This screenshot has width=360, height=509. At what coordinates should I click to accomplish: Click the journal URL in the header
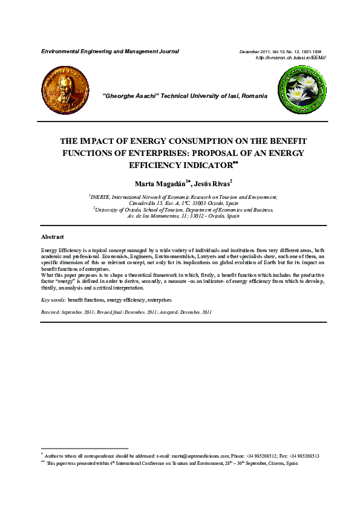pyautogui.click(x=291, y=57)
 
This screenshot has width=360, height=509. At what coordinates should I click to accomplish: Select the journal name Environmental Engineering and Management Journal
pyautogui.click(x=110, y=51)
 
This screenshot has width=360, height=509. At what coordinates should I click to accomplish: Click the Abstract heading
pyautogui.click(x=52, y=237)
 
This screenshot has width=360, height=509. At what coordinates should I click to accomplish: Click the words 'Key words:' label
pyautogui.click(x=53, y=300)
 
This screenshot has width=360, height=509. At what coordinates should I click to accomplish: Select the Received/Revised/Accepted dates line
pyautogui.click(x=126, y=312)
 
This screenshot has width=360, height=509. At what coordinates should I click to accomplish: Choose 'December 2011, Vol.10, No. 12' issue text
pyautogui.click(x=280, y=52)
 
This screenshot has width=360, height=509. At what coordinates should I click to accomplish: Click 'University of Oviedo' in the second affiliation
pyautogui.click(x=119, y=209)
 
